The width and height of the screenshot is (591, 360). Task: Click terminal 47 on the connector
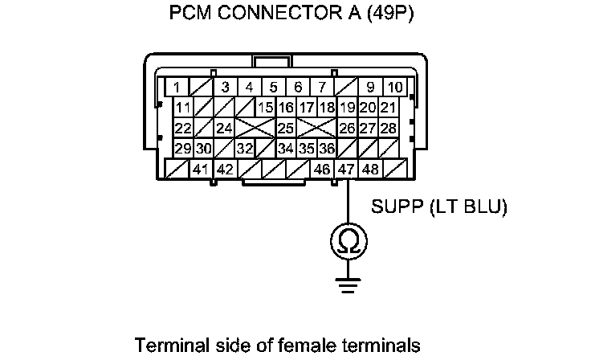pos(346,170)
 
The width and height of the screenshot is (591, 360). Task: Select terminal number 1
pos(177,87)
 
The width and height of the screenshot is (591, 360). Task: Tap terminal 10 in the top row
pos(395,87)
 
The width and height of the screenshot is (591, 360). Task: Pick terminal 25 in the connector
pos(285,128)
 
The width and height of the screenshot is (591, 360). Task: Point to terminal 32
pos(244,149)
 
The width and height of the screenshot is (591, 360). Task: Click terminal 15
pos(266,108)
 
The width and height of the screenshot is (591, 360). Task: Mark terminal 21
pos(389,108)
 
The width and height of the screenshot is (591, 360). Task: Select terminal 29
pos(183,149)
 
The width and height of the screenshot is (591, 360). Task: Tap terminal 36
pos(326,149)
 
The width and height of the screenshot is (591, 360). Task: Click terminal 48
pos(370,170)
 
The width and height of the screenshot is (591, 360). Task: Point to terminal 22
pos(183,128)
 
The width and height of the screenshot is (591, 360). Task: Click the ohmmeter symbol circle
pos(347,239)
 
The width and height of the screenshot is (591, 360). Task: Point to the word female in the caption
pos(332,346)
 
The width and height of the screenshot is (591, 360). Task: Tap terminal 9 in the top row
pos(370,87)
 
